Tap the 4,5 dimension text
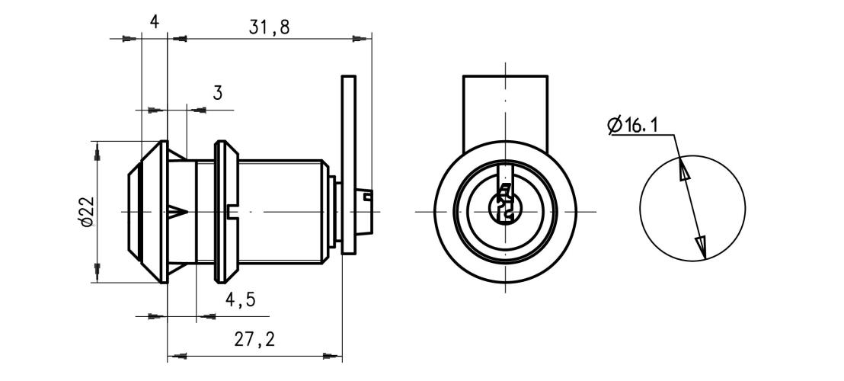(239, 300)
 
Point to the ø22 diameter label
(86, 211)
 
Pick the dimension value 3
(217, 94)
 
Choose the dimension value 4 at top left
(154, 23)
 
